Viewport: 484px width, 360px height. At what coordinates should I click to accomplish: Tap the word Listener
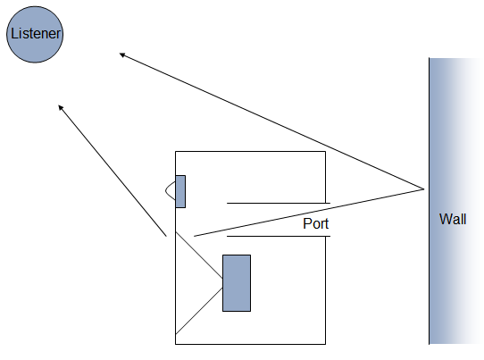click(x=36, y=34)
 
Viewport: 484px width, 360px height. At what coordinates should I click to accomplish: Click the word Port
click(x=315, y=223)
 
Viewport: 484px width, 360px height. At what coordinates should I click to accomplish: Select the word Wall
click(x=453, y=219)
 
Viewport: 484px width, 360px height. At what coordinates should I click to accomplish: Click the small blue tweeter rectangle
click(x=180, y=191)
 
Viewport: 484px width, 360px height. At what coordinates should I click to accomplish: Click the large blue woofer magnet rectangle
click(x=237, y=283)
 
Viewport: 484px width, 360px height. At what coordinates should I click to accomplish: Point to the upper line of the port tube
click(x=279, y=203)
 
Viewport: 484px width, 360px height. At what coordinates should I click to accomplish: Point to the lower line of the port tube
click(x=279, y=237)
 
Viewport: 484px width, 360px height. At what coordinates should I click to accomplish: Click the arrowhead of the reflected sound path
click(x=122, y=55)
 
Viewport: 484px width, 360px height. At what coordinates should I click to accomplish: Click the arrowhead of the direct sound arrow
click(x=61, y=108)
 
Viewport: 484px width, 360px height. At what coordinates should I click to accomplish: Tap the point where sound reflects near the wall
click(x=424, y=189)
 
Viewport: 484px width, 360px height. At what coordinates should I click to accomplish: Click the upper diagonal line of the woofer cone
click(x=199, y=255)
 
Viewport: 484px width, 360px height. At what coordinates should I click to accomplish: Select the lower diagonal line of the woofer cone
click(x=199, y=311)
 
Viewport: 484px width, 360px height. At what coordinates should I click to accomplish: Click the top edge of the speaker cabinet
click(x=250, y=151)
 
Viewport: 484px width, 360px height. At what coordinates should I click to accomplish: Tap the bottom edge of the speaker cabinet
click(x=250, y=344)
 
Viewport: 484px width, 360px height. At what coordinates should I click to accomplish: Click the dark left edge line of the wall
click(x=429, y=201)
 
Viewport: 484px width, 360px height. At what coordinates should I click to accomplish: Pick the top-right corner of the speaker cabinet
click(x=325, y=151)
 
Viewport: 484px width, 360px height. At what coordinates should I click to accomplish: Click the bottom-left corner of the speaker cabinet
click(x=175, y=344)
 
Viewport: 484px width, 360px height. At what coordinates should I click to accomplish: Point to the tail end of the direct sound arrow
click(x=166, y=237)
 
